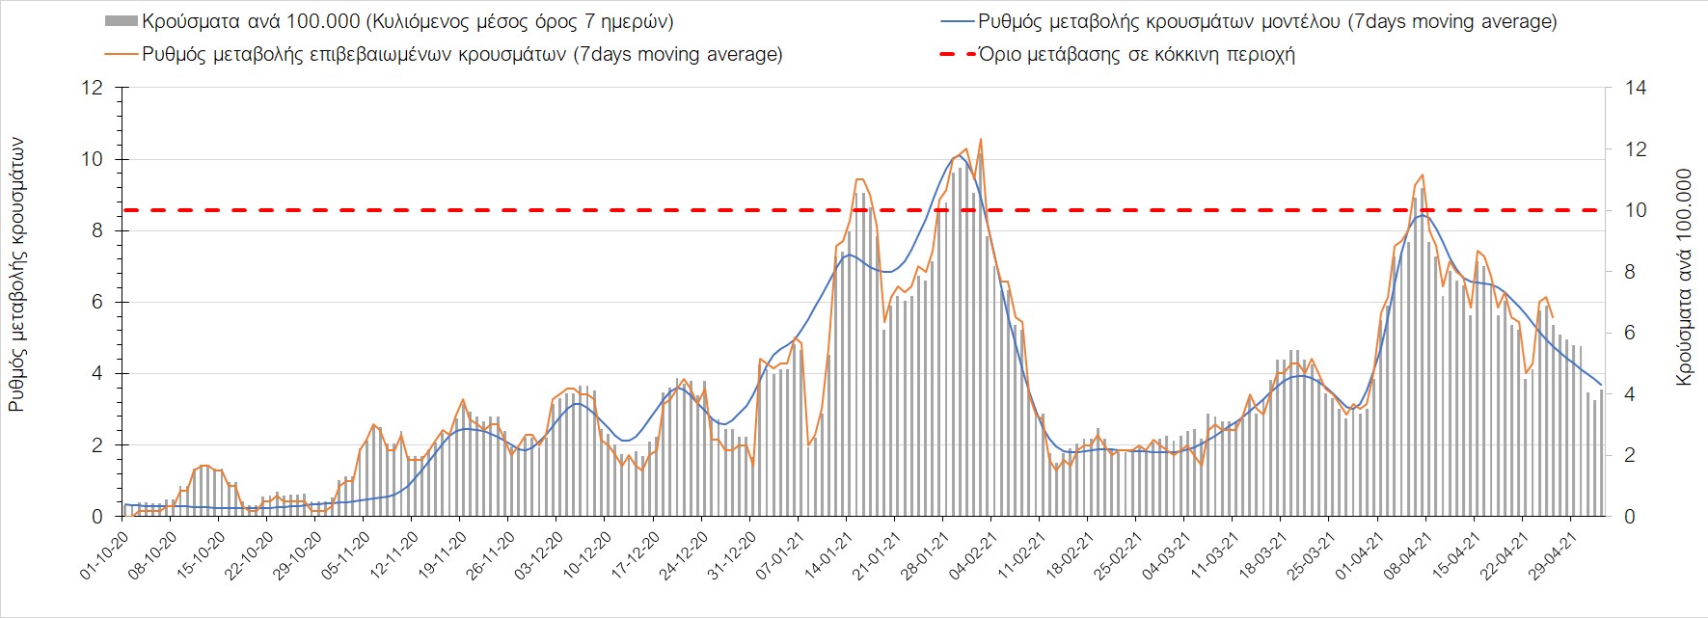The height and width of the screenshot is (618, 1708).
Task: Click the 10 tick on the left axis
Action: [95, 159]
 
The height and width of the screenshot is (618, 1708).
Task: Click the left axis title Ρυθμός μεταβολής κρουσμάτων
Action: [16, 275]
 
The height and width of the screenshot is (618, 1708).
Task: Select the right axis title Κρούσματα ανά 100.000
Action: [1685, 279]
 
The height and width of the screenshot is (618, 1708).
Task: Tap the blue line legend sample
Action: [953, 21]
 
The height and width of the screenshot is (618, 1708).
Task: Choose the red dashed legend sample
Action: [953, 54]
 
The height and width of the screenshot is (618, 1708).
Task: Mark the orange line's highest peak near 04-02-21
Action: [980, 139]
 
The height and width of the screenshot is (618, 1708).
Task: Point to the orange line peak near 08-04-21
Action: [1423, 175]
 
